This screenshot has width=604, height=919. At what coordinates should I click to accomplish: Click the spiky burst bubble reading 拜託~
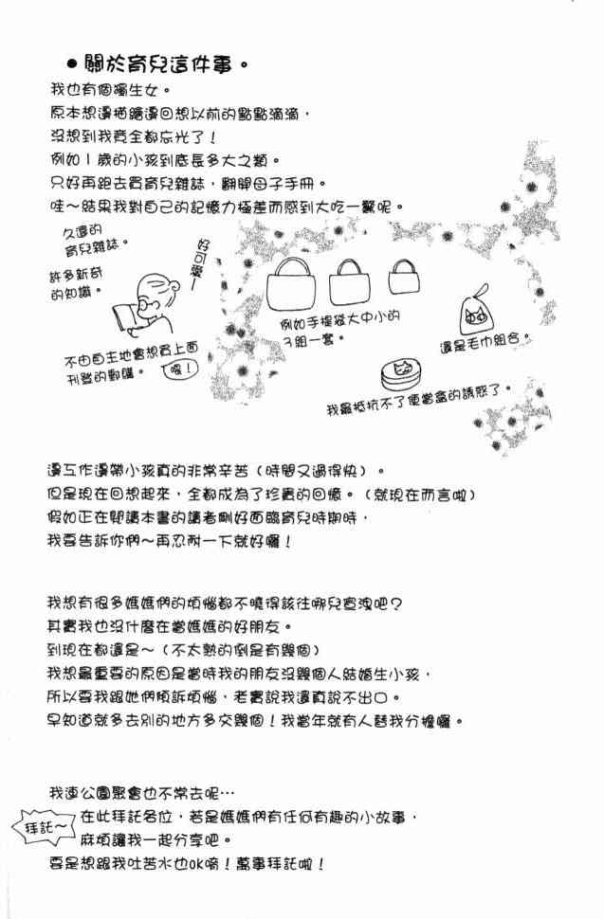pos(44,827)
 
